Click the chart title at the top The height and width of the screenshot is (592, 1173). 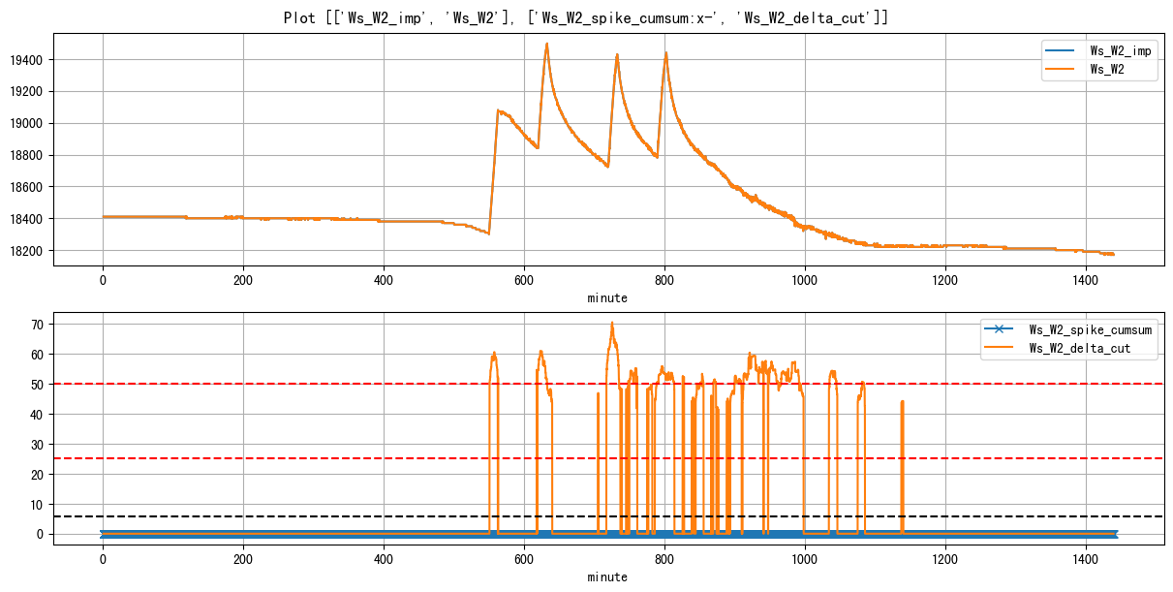pyautogui.click(x=586, y=17)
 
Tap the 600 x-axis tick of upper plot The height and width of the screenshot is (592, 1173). pyautogui.click(x=524, y=279)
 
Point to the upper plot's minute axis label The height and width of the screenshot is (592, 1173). pyautogui.click(x=607, y=298)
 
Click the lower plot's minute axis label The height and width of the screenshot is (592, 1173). pyautogui.click(x=607, y=577)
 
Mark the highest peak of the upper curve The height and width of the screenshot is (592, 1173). pyautogui.click(x=547, y=44)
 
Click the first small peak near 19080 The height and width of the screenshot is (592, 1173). pyautogui.click(x=498, y=110)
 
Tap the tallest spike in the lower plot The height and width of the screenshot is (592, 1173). pyautogui.click(x=612, y=323)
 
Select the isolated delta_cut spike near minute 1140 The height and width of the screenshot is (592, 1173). pyautogui.click(x=902, y=401)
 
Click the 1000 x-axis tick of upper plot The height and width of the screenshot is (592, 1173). pyautogui.click(x=805, y=279)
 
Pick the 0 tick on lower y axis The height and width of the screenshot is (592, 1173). pyautogui.click(x=41, y=534)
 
